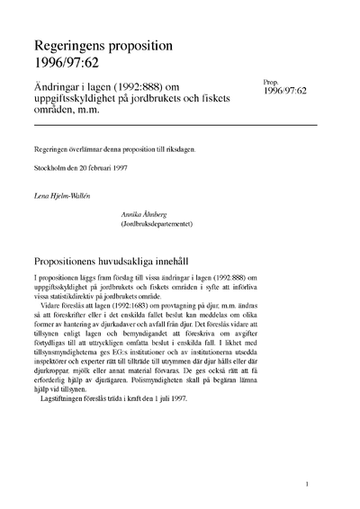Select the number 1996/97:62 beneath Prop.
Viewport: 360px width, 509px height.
pyautogui.click(x=286, y=91)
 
